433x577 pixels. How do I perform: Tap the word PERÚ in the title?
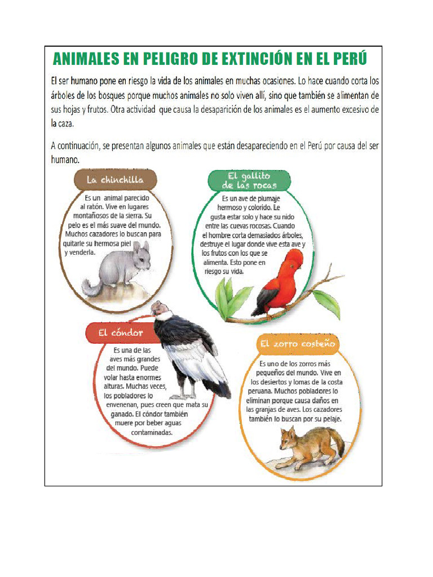[347, 59]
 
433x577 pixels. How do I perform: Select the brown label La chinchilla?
[115, 180]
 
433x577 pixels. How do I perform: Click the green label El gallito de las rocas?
[249, 181]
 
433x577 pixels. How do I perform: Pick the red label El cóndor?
[120, 333]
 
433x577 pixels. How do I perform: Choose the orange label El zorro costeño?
[297, 343]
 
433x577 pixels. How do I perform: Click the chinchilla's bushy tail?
[92, 287]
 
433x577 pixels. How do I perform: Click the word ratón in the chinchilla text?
[89, 207]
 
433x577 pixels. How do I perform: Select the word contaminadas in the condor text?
[152, 433]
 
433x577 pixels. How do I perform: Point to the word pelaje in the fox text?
[329, 419]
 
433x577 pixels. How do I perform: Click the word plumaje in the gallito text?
[267, 198]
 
